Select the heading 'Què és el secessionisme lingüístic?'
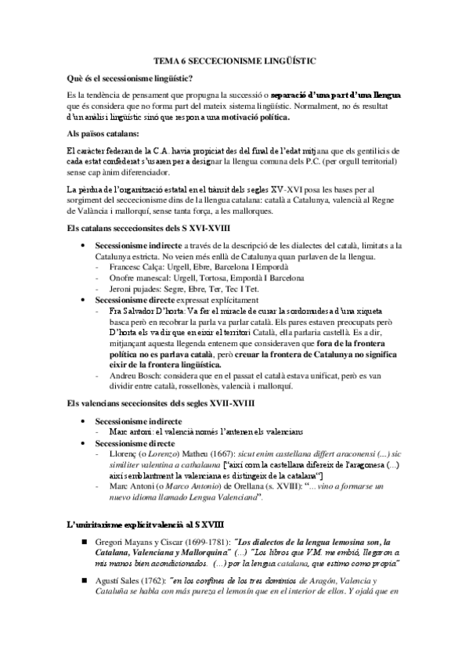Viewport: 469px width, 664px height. pyautogui.click(x=131, y=79)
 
